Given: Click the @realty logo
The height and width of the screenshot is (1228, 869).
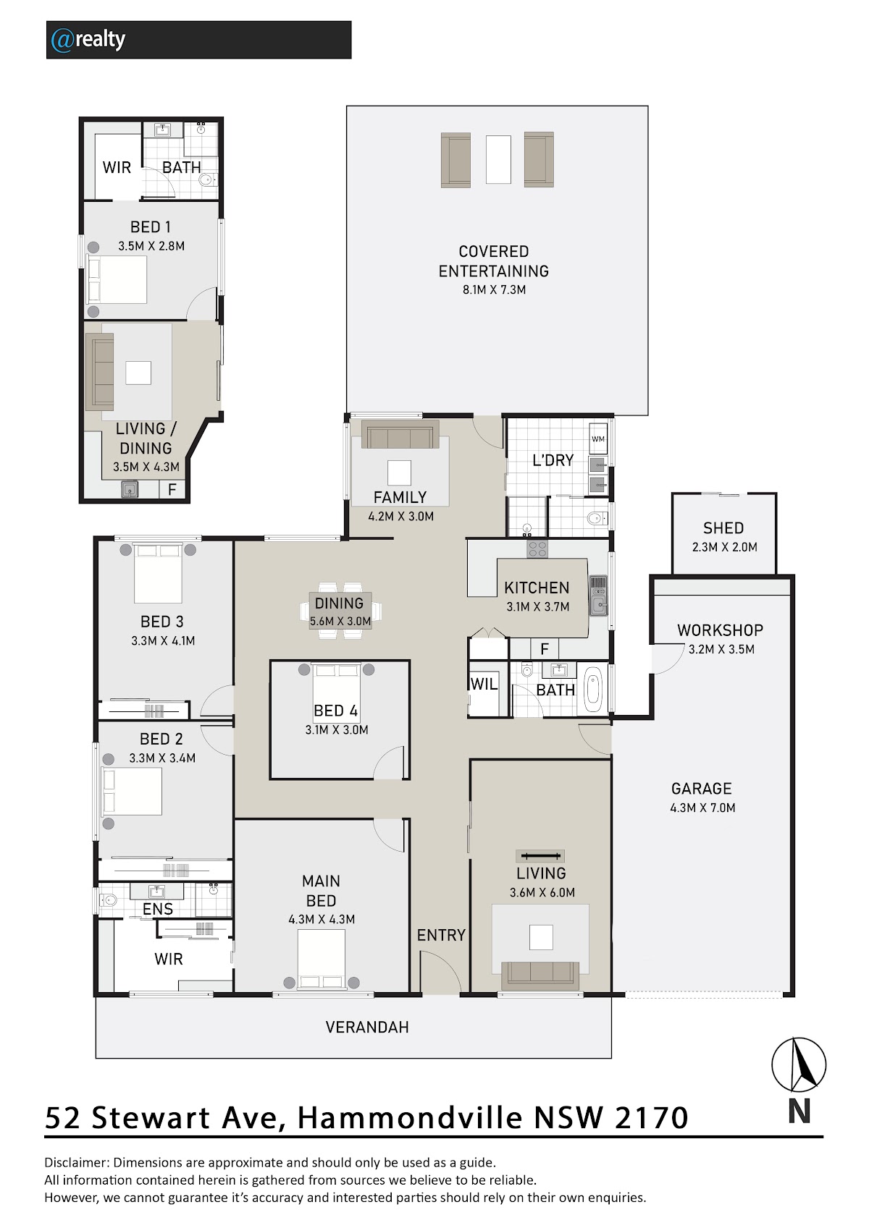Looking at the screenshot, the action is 88,40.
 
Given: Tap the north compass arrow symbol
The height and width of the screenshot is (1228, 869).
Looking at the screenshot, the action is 798,1065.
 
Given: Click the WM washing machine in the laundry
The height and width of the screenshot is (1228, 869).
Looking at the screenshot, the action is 598,439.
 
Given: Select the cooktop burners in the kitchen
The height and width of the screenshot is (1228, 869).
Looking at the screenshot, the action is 537,549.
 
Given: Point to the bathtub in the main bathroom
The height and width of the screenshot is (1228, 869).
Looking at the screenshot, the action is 594,689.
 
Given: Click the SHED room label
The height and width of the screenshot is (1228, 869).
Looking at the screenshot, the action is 723,528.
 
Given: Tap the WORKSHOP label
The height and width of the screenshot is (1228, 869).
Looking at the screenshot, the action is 720,630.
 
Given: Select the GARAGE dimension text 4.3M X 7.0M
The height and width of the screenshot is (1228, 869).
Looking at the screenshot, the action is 702,808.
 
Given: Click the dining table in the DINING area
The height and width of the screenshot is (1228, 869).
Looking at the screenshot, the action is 340,611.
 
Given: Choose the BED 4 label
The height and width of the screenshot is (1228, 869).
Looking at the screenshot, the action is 335,711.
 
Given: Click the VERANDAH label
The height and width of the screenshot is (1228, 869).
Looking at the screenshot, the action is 367,1027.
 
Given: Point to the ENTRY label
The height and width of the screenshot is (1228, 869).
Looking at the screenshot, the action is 441,935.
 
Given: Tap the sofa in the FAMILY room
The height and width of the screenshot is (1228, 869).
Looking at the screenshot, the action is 400,435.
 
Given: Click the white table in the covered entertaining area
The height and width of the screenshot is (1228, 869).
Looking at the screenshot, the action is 498,159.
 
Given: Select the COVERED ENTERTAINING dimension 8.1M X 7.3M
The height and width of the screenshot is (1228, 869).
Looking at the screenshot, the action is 494,289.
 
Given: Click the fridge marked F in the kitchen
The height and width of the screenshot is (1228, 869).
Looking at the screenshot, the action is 545,649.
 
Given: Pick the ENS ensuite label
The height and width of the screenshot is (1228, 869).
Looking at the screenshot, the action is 157,909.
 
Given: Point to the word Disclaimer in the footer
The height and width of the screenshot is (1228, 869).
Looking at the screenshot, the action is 76,1162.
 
